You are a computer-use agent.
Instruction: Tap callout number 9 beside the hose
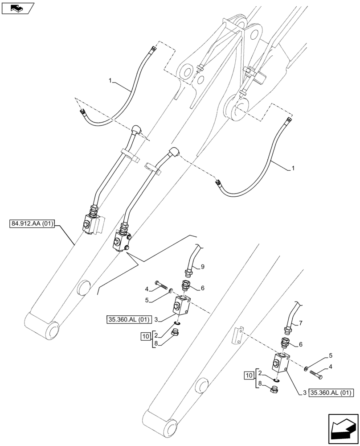(202, 267)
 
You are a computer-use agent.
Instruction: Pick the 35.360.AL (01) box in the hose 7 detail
(331, 393)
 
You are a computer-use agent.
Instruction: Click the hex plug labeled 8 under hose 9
(176, 333)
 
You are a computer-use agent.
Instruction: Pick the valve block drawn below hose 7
(280, 362)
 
